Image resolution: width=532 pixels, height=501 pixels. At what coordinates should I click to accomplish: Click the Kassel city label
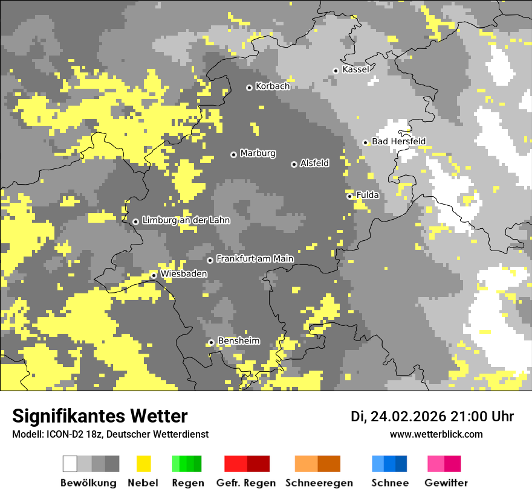[355, 69]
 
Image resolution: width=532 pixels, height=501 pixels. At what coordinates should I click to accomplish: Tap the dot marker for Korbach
[249, 88]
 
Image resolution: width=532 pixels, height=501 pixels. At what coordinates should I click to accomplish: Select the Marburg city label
[258, 153]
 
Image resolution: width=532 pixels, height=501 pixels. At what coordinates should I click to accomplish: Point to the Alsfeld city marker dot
[294, 164]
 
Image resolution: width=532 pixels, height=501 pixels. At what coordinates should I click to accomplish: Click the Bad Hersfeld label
[398, 142]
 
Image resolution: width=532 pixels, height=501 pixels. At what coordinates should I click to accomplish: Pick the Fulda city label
[368, 195]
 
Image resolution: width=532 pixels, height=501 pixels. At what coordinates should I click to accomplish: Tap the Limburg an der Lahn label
[186, 220]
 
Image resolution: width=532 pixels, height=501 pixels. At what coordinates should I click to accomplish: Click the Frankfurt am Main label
[255, 259]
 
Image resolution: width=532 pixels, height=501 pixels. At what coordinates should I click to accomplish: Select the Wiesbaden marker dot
[154, 276]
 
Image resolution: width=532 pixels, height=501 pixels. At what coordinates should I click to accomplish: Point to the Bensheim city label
[238, 341]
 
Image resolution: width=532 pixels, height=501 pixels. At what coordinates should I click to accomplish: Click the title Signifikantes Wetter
[100, 416]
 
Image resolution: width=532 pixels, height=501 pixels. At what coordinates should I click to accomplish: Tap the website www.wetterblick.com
[436, 435]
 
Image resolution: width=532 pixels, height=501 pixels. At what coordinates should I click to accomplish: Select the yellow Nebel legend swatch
[143, 464]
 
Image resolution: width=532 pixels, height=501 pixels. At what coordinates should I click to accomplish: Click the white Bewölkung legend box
[70, 464]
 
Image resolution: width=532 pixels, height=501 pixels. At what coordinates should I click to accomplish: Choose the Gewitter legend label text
[446, 483]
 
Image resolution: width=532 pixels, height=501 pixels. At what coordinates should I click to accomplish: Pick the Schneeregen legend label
[319, 483]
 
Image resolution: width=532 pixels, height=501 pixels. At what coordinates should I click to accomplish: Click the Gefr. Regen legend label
[245, 483]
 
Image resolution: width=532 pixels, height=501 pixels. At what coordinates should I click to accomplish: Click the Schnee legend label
[389, 483]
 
